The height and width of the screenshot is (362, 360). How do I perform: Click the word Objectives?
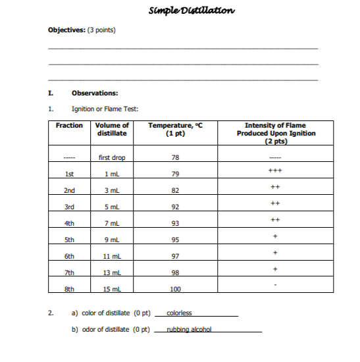tap(68, 30)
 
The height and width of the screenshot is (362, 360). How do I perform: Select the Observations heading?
tap(95, 93)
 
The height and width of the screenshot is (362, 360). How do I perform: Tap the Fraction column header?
tap(69, 125)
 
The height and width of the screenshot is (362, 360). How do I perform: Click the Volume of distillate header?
tap(112, 129)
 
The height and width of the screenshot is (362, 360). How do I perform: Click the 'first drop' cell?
tap(112, 158)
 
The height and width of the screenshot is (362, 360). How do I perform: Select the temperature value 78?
tap(175, 158)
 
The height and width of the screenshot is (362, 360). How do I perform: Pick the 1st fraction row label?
tap(68, 174)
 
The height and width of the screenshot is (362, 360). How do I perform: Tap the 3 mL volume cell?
tap(112, 191)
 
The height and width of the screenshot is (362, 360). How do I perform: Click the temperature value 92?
tap(175, 207)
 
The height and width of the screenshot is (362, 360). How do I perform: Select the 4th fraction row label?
tap(68, 223)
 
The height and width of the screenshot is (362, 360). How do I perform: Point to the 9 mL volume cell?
tap(112, 240)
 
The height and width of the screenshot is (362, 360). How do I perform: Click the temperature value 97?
tap(175, 256)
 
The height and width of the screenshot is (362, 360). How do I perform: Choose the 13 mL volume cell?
tap(112, 272)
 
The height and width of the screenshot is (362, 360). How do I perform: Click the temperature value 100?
tap(175, 289)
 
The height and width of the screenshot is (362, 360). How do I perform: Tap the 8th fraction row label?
tap(68, 288)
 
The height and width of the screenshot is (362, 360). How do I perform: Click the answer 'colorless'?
tap(179, 313)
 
